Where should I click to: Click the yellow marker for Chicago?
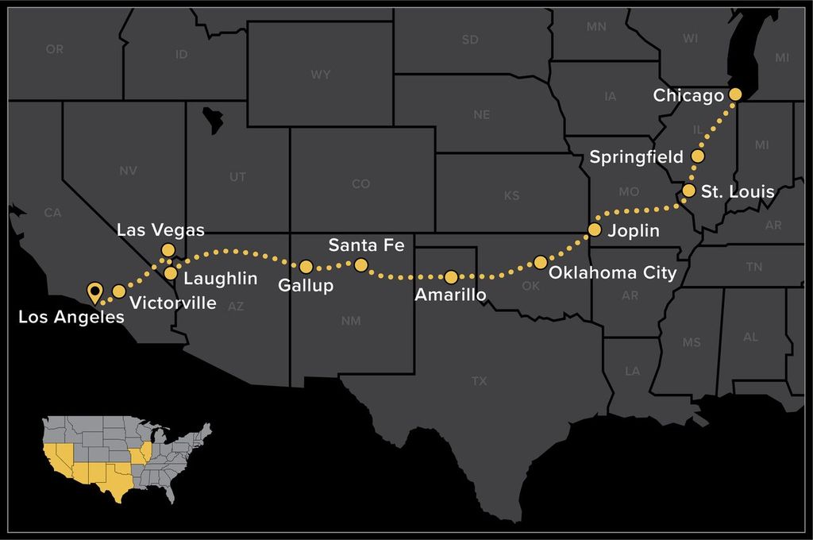735,94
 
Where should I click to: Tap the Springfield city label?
635,157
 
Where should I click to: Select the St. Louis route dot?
689,191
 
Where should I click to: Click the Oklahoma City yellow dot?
541,262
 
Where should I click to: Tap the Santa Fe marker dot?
360,264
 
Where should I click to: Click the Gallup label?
306,286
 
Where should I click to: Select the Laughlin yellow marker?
171,273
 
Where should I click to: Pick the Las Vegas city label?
160,230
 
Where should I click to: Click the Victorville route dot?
119,291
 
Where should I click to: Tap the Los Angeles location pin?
94,292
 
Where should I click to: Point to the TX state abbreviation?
479,381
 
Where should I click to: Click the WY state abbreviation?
320,75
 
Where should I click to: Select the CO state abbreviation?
360,184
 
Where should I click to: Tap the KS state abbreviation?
511,195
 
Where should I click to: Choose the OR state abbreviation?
55,49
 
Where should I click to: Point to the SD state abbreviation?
470,40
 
